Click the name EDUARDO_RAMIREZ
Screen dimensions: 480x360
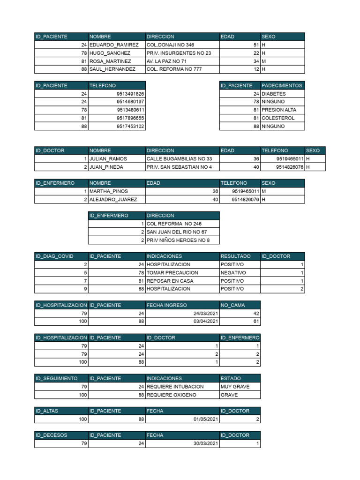(x=114, y=45)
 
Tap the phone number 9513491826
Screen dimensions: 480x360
(x=130, y=94)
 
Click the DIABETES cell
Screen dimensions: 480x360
(x=273, y=94)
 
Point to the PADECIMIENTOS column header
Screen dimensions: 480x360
(x=282, y=85)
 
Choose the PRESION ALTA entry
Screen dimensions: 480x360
(x=278, y=110)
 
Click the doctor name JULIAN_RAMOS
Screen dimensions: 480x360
(x=108, y=159)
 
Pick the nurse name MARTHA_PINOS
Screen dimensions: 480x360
(x=108, y=191)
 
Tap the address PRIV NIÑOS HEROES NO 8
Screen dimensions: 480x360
(x=178, y=240)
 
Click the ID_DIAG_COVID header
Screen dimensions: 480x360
(x=54, y=256)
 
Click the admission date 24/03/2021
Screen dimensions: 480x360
(x=206, y=314)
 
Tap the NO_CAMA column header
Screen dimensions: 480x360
(x=232, y=305)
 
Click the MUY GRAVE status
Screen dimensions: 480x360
(x=235, y=387)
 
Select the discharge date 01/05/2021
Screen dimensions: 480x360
(x=206, y=419)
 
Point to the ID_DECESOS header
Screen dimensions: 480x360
(x=51, y=435)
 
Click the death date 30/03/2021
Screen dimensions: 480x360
(x=206, y=443)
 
